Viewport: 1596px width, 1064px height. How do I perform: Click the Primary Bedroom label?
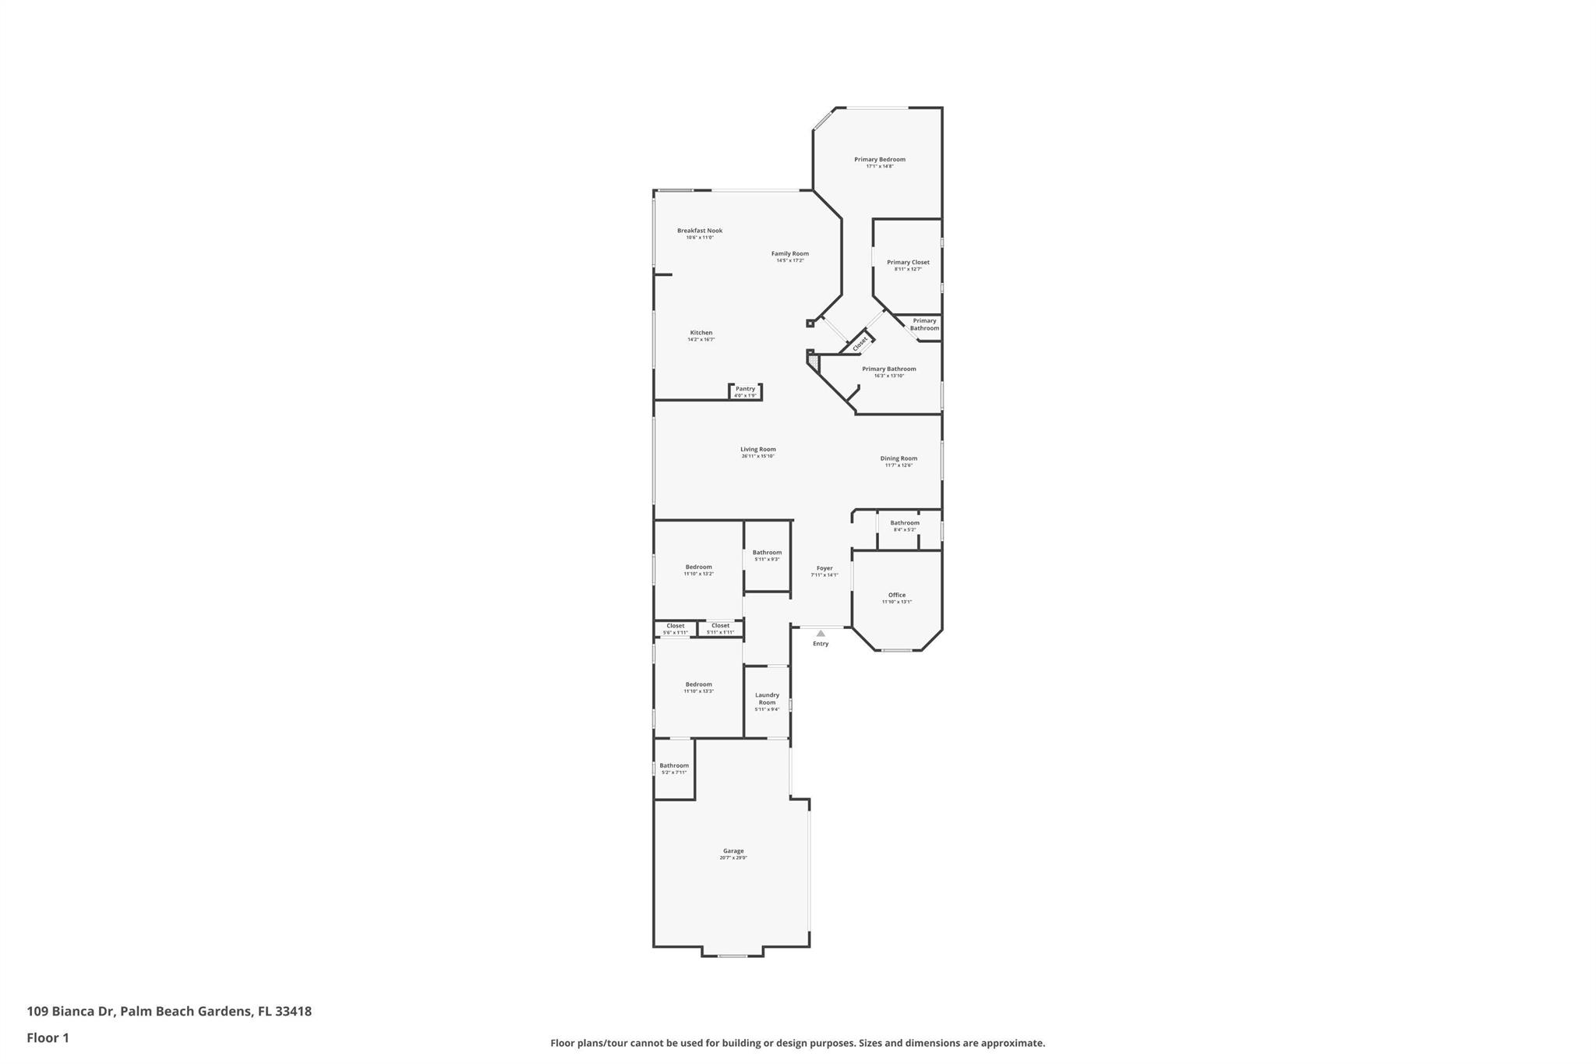[879, 160]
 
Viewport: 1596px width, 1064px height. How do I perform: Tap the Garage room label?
[733, 851]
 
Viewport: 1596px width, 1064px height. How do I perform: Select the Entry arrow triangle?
[821, 634]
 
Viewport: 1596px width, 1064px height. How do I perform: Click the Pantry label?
[745, 389]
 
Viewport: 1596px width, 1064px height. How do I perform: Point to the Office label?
[896, 596]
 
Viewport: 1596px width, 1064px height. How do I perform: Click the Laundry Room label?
[767, 699]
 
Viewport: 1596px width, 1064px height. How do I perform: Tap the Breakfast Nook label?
[699, 231]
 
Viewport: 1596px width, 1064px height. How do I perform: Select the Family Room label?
[789, 253]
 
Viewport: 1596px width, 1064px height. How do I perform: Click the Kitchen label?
[701, 333]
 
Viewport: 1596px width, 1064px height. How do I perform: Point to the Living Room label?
[757, 450]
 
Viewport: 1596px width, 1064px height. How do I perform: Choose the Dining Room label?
[899, 459]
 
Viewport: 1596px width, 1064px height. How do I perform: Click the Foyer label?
[824, 569]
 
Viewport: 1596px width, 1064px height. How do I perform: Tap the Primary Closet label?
[908, 263]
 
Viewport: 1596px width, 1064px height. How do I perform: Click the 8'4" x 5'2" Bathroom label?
[904, 524]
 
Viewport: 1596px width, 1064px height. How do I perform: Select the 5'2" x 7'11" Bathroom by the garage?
[674, 766]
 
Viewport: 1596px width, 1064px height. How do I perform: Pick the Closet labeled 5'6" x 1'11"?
[675, 627]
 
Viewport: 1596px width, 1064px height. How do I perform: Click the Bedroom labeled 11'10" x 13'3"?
[698, 685]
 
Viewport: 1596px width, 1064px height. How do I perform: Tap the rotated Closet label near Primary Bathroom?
[860, 343]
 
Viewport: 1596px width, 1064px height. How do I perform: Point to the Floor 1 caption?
[48, 1038]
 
